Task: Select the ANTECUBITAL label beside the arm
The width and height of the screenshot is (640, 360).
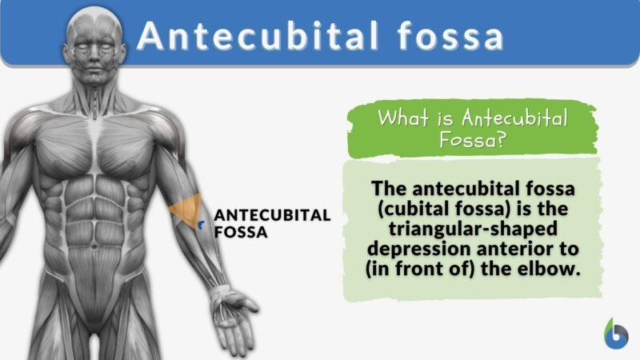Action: pyautogui.click(x=272, y=215)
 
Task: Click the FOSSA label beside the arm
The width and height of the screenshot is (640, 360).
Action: pyautogui.click(x=240, y=234)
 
